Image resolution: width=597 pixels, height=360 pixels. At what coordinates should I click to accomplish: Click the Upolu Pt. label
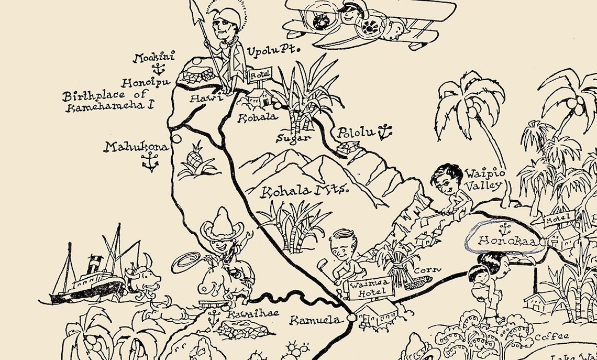pyautogui.click(x=272, y=51)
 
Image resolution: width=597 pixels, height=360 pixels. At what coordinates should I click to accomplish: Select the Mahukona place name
pyautogui.click(x=136, y=147)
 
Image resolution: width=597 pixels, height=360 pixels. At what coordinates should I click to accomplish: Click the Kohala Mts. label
pyautogui.click(x=305, y=191)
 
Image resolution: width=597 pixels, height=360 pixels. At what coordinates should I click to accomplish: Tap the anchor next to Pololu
pyautogui.click(x=385, y=132)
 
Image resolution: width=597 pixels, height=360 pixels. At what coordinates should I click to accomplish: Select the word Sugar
pyautogui.click(x=294, y=138)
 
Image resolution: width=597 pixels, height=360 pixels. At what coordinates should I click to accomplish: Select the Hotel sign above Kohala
pyautogui.click(x=260, y=76)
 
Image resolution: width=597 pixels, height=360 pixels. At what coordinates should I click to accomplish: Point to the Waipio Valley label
pyautogui.click(x=485, y=179)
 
